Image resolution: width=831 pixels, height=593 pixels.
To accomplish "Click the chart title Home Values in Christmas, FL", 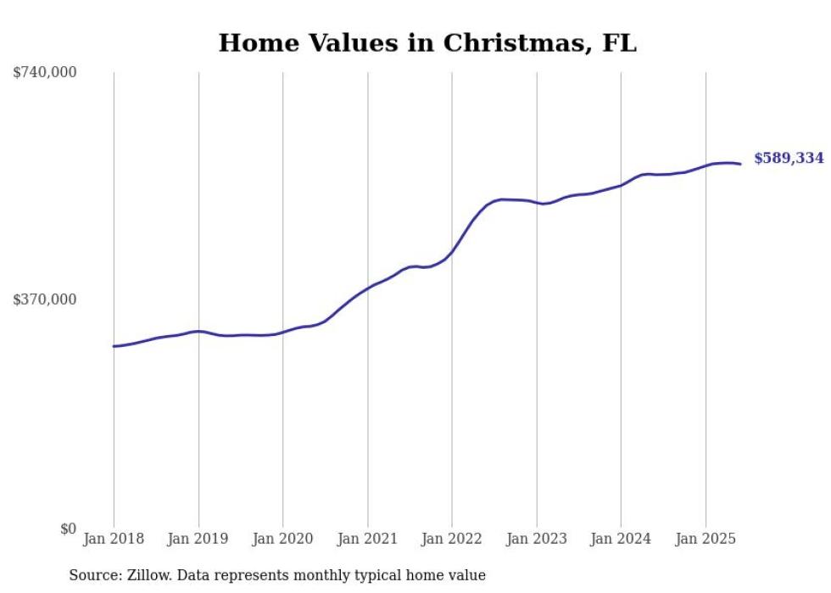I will [427, 43].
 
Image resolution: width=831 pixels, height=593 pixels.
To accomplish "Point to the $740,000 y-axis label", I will [45, 73].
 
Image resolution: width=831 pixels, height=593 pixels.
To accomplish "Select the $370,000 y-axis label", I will [45, 299].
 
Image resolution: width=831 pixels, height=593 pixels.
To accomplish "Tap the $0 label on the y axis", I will [68, 529].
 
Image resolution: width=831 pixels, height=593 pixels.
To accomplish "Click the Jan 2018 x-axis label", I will [114, 539].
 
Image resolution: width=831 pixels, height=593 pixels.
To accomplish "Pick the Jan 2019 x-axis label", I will [198, 539].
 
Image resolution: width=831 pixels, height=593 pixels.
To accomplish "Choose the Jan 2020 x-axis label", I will [283, 539].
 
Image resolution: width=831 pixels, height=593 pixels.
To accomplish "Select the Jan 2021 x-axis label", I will [367, 539].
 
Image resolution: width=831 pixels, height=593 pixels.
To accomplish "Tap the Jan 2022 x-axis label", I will [452, 539].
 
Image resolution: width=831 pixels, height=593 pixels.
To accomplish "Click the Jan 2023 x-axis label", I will [537, 539].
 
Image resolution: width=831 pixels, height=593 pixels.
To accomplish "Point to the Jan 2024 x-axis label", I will [621, 539].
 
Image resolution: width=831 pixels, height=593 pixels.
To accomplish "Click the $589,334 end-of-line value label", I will [789, 159].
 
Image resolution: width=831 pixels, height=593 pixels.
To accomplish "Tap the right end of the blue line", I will [741, 164].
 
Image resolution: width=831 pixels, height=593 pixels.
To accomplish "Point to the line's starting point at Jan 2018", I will [114, 346].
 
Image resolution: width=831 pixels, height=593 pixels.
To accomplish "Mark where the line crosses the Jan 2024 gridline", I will [621, 184].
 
